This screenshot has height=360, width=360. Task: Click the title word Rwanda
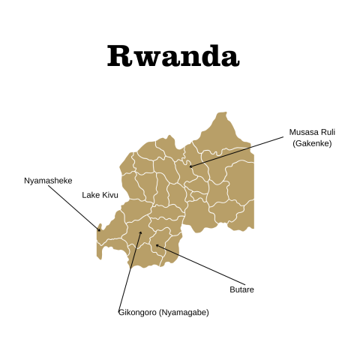[x=173, y=55]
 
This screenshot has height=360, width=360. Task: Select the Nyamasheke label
[x=48, y=180]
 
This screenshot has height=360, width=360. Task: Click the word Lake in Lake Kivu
[x=91, y=195]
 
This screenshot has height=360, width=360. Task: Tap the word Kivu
[x=109, y=195]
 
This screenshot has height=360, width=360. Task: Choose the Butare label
[x=241, y=289]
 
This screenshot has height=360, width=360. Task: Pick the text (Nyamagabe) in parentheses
[x=184, y=312]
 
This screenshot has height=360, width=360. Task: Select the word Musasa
[x=302, y=132]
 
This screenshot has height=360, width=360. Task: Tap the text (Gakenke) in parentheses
[x=312, y=143]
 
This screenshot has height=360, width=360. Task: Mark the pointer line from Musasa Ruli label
[x=236, y=151]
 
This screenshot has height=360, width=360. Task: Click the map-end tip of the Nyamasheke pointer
[x=99, y=230]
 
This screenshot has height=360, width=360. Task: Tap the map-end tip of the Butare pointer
[x=157, y=245]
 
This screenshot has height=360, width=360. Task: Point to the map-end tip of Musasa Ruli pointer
[x=191, y=166]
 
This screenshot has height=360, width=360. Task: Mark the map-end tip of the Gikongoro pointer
[x=140, y=232]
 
